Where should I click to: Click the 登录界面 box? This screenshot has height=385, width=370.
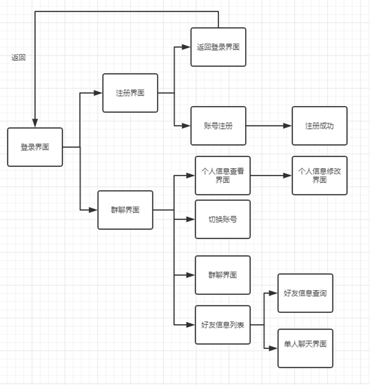pyautogui.click(x=35, y=147)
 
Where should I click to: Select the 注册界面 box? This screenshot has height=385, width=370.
pyautogui.click(x=130, y=93)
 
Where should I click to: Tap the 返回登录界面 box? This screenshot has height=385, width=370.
pyautogui.click(x=218, y=47)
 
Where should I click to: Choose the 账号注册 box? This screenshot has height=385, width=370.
pyautogui.click(x=218, y=125)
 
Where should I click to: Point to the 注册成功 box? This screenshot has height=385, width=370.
pyautogui.click(x=319, y=125)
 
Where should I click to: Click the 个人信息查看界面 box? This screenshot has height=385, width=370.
pyautogui.click(x=222, y=175)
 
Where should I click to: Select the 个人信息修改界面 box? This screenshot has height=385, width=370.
pyautogui.click(x=319, y=175)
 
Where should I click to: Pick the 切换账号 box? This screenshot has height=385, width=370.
pyautogui.click(x=222, y=219)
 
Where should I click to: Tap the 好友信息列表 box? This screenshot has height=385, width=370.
pyautogui.click(x=222, y=324)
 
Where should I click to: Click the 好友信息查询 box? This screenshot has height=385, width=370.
pyautogui.click(x=305, y=293)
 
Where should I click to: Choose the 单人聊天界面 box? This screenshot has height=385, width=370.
pyautogui.click(x=305, y=347)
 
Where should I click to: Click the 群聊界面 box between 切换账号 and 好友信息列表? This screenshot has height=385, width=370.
pyautogui.click(x=222, y=275)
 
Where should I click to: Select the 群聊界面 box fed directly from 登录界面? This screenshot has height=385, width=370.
pyautogui.click(x=125, y=210)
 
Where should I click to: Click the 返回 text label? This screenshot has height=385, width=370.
pyautogui.click(x=19, y=57)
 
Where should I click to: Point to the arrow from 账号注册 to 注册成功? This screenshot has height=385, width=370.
pyautogui.click(x=267, y=125)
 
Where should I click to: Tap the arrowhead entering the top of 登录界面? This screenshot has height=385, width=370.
pyautogui.click(x=35, y=123)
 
